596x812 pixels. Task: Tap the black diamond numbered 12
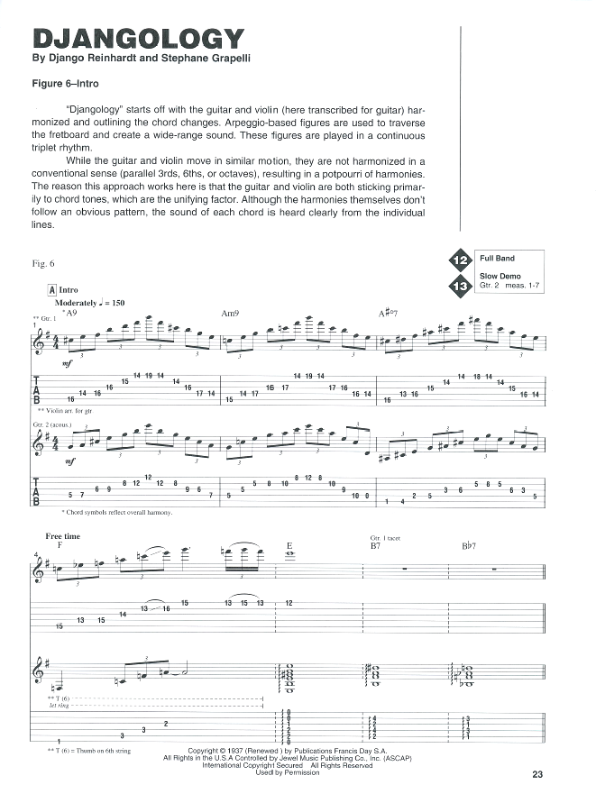pyautogui.click(x=460, y=261)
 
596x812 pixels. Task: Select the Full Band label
pyautogui.click(x=497, y=259)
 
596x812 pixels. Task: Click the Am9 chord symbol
pyautogui.click(x=229, y=313)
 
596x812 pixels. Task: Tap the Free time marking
pyautogui.click(x=63, y=536)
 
